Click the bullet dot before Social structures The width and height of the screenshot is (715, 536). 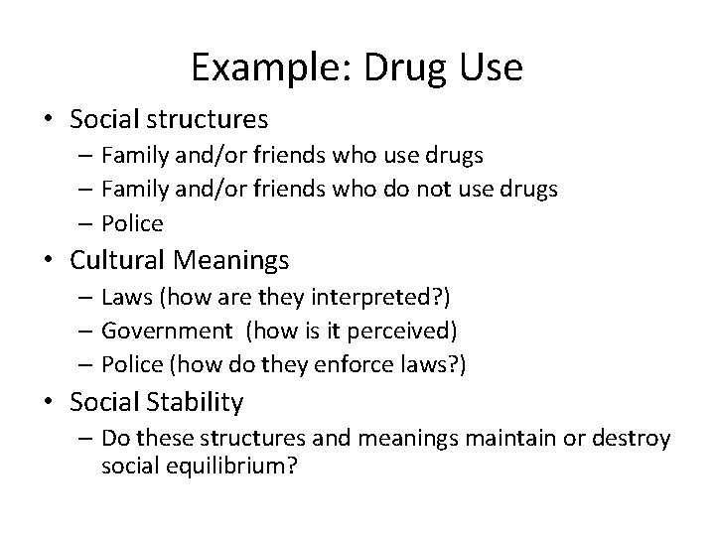click(x=51, y=120)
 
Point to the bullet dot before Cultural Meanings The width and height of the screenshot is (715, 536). click(x=51, y=261)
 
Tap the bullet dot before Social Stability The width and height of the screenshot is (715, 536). click(x=51, y=402)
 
